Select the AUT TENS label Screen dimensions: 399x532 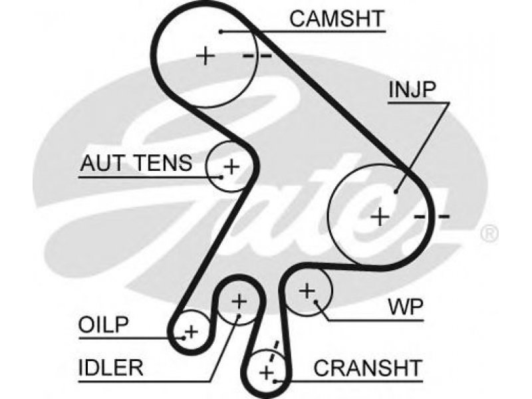136,163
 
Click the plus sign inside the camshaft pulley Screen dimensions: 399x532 206,55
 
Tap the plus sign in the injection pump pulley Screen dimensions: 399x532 380,216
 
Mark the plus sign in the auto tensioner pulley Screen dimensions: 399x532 231,166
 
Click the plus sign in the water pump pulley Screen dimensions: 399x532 307,290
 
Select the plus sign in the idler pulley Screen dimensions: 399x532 238,303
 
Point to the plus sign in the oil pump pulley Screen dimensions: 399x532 192,331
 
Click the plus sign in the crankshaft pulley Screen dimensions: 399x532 267,372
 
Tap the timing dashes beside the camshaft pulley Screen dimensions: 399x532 257,56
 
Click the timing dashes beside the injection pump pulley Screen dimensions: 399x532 432,217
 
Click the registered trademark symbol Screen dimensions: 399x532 489,233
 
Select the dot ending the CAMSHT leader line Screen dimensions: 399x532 220,31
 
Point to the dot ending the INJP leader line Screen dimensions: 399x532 396,191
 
